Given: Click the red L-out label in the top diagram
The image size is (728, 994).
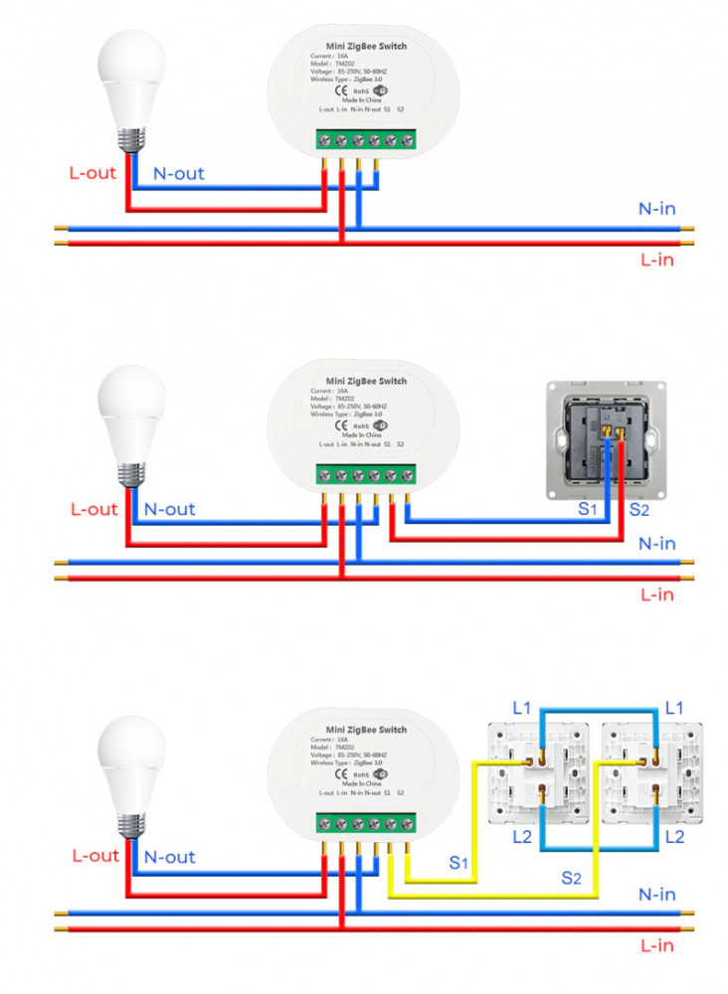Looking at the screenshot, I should (91, 173).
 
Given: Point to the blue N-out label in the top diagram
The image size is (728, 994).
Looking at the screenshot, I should (178, 174).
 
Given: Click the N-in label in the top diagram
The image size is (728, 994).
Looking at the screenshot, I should (657, 210).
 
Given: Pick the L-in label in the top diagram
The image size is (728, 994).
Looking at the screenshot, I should (657, 260).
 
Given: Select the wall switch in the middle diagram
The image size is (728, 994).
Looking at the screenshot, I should (605, 439).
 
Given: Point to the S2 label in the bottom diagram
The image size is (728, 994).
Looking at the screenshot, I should (570, 878).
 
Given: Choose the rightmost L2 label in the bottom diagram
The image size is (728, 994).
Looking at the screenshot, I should (674, 837).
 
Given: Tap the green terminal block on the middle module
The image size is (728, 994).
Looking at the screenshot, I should (366, 475).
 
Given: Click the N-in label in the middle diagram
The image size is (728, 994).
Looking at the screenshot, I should (657, 544).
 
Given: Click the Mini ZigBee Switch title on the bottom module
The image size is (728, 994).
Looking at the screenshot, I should (366, 730).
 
